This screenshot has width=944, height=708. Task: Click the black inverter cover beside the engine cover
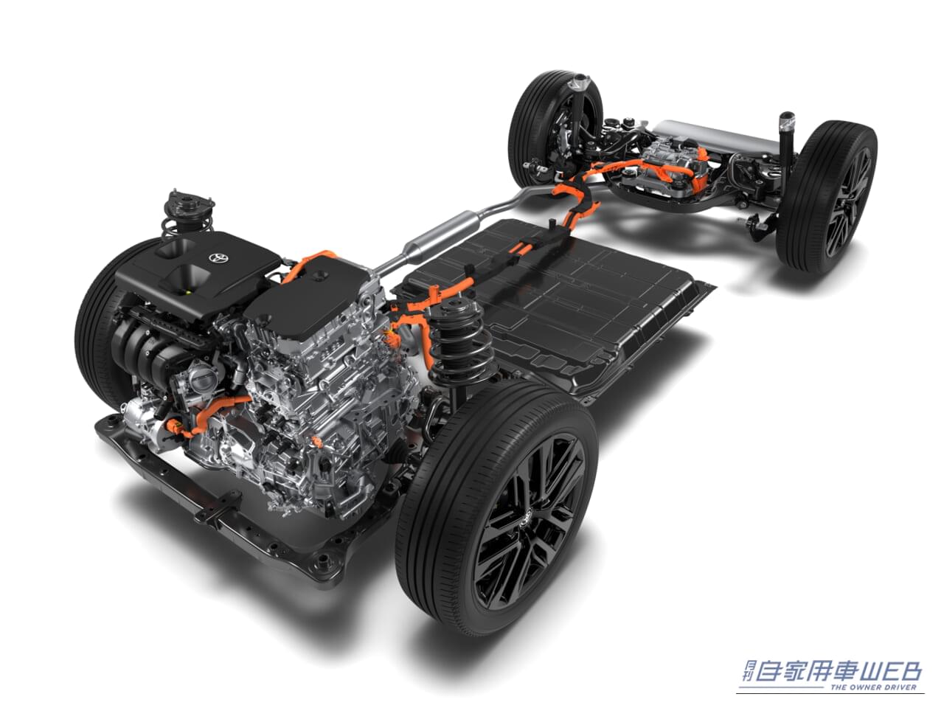(310, 288)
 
